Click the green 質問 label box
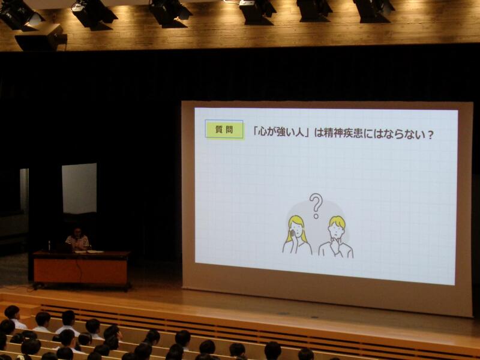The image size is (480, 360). click(x=224, y=130)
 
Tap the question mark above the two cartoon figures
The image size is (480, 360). click(x=316, y=206)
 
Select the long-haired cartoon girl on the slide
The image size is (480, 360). click(x=296, y=235)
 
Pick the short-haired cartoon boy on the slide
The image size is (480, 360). click(x=336, y=236)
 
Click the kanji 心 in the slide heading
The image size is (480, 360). click(x=263, y=133)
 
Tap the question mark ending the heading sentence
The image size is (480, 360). click(x=430, y=134)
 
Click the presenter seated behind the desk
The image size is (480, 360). click(x=78, y=239)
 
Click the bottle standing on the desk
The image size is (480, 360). click(x=49, y=246)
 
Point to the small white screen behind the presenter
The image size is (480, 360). click(x=79, y=188)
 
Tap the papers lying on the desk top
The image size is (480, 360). click(x=91, y=251)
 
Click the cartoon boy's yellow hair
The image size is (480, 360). click(x=337, y=221)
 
